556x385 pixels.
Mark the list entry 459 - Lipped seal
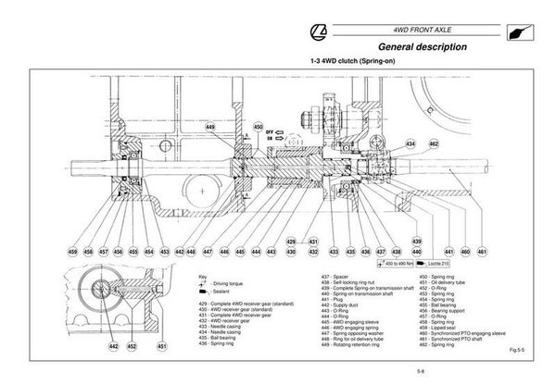[x=438, y=326]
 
